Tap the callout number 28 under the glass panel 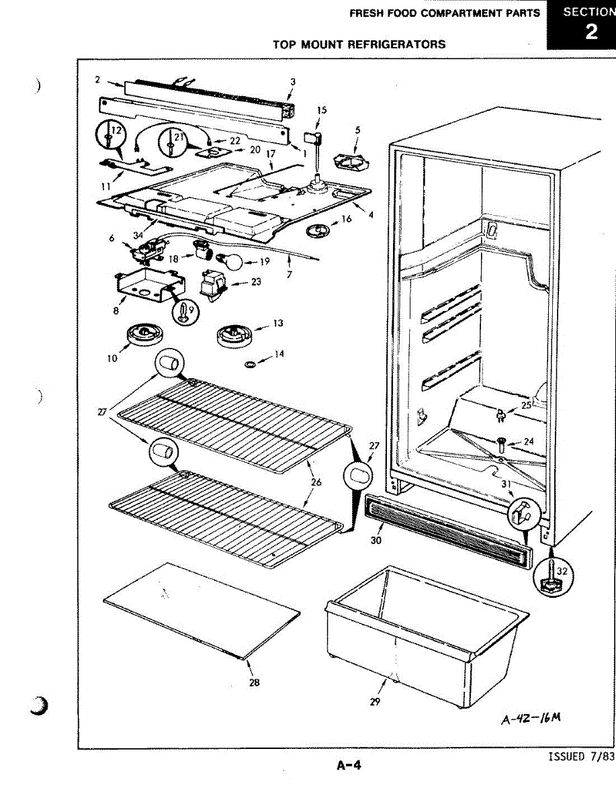[x=255, y=682]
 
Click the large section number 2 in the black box [x=590, y=32]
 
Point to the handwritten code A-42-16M [x=530, y=719]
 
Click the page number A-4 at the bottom [x=349, y=764]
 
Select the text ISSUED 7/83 [x=581, y=757]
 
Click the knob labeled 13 [x=233, y=333]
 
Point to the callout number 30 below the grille [x=376, y=540]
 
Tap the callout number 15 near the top [x=322, y=110]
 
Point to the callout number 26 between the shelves [x=316, y=482]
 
